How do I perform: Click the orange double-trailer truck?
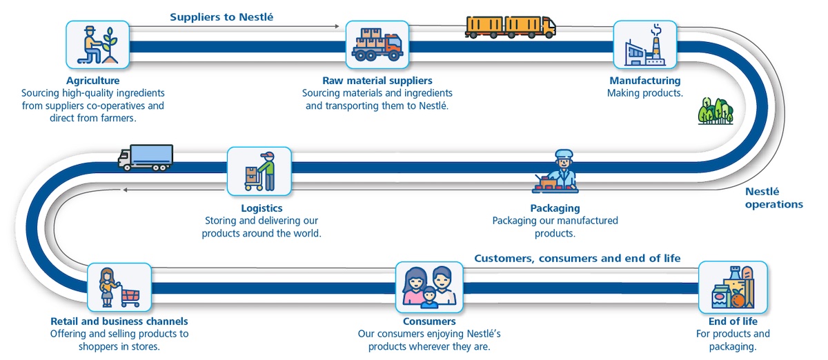pos(511,26)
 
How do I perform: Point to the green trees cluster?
pos(715,110)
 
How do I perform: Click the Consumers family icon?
pos(427,286)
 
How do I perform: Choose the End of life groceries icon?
pos(732,286)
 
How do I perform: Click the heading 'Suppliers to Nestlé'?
pos(222,17)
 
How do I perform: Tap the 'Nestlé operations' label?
pos(773,198)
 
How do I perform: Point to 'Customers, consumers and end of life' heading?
pos(578,258)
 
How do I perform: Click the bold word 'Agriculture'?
pos(92,81)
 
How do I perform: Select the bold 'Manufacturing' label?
pos(644,81)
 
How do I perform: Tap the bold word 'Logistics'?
pos(262,208)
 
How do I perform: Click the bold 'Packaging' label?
pos(555,208)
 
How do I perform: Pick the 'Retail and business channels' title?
pos(119,321)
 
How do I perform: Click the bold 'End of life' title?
pos(733,321)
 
